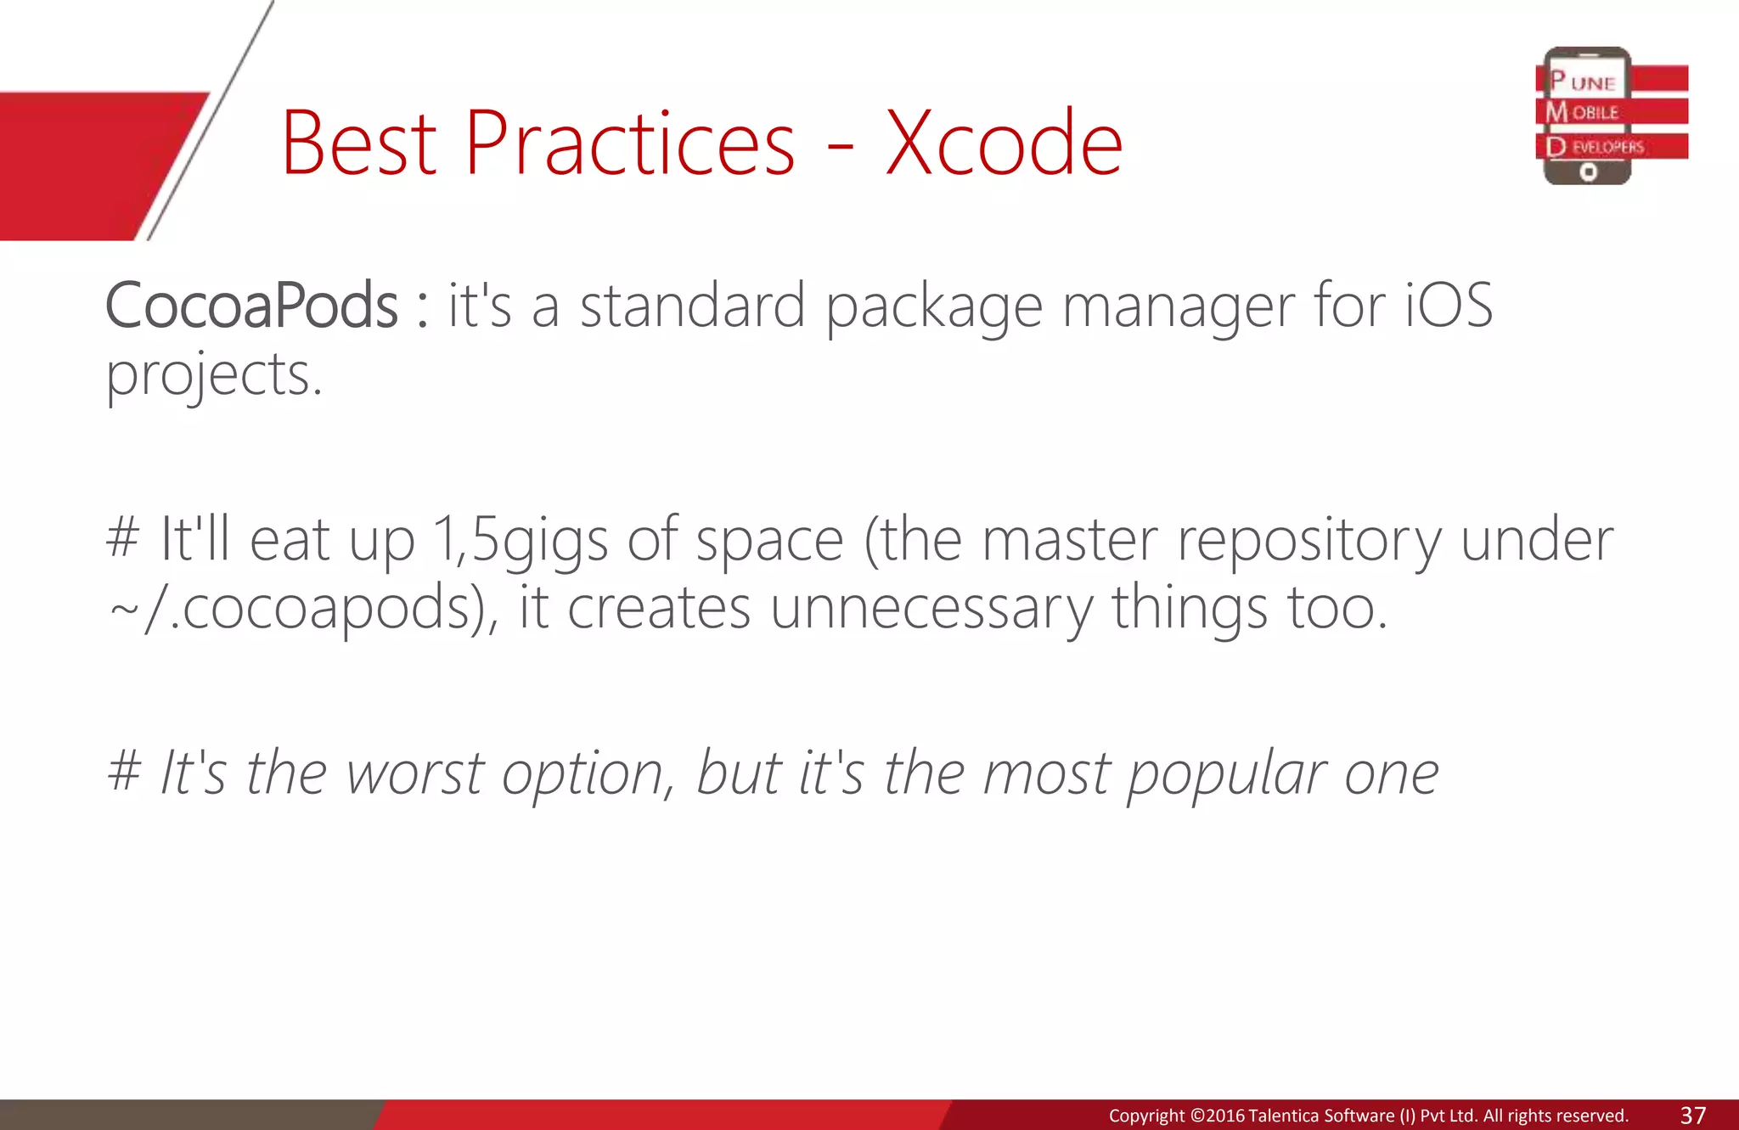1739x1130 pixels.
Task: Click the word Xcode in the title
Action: pyautogui.click(x=1004, y=143)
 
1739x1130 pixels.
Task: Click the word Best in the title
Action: pyautogui.click(x=359, y=143)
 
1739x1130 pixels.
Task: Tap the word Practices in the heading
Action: pyautogui.click(x=629, y=143)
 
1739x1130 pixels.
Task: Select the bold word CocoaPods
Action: pyautogui.click(x=251, y=306)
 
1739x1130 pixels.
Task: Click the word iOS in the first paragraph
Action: pyautogui.click(x=1449, y=306)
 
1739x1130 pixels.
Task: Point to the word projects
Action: pyautogui.click(x=213, y=376)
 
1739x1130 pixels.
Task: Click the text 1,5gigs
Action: pyautogui.click(x=520, y=540)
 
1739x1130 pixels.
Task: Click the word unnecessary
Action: pyautogui.click(x=931, y=610)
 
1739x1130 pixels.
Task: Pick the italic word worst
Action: pyautogui.click(x=415, y=773)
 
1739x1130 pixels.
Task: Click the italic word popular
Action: pyautogui.click(x=1225, y=775)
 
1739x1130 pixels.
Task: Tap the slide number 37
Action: pyautogui.click(x=1693, y=1115)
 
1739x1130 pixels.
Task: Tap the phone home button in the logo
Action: pyautogui.click(x=1588, y=172)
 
